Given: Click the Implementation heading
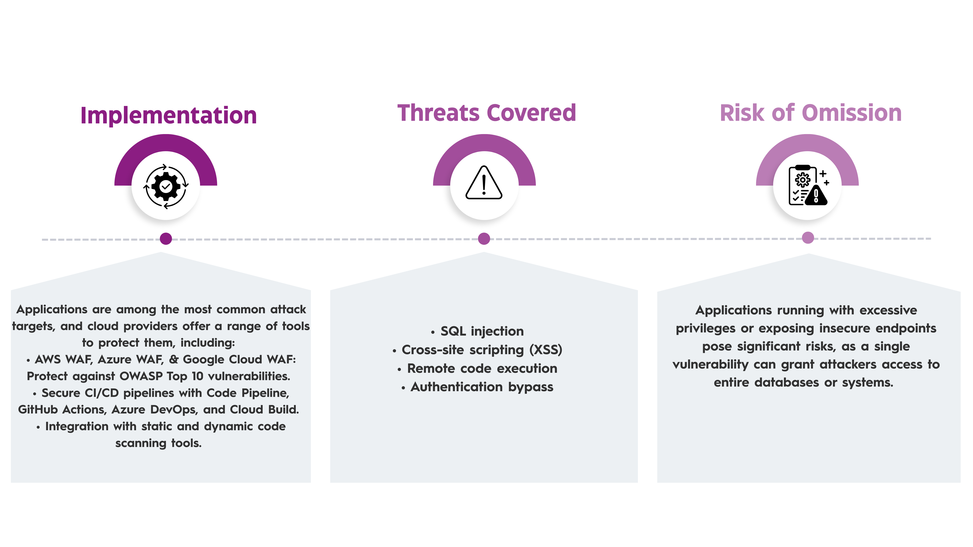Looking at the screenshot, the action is [x=168, y=115].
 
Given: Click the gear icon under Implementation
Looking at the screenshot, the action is [x=166, y=186].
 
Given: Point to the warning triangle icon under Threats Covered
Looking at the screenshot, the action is [x=484, y=183].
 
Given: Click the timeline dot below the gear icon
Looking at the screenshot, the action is [x=166, y=239].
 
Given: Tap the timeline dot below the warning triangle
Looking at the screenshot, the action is [x=484, y=239].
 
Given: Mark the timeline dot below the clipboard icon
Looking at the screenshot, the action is [x=808, y=238].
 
